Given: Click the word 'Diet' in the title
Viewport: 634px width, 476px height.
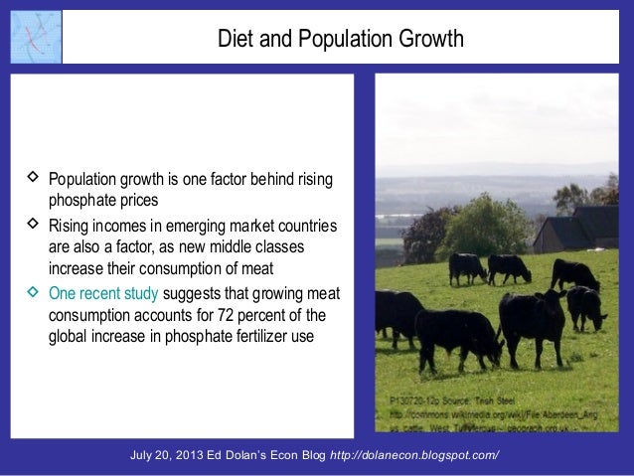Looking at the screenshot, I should coord(235,40).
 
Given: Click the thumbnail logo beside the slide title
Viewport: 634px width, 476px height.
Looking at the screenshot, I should coord(36,38).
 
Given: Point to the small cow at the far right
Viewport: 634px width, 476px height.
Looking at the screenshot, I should coord(586,305).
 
